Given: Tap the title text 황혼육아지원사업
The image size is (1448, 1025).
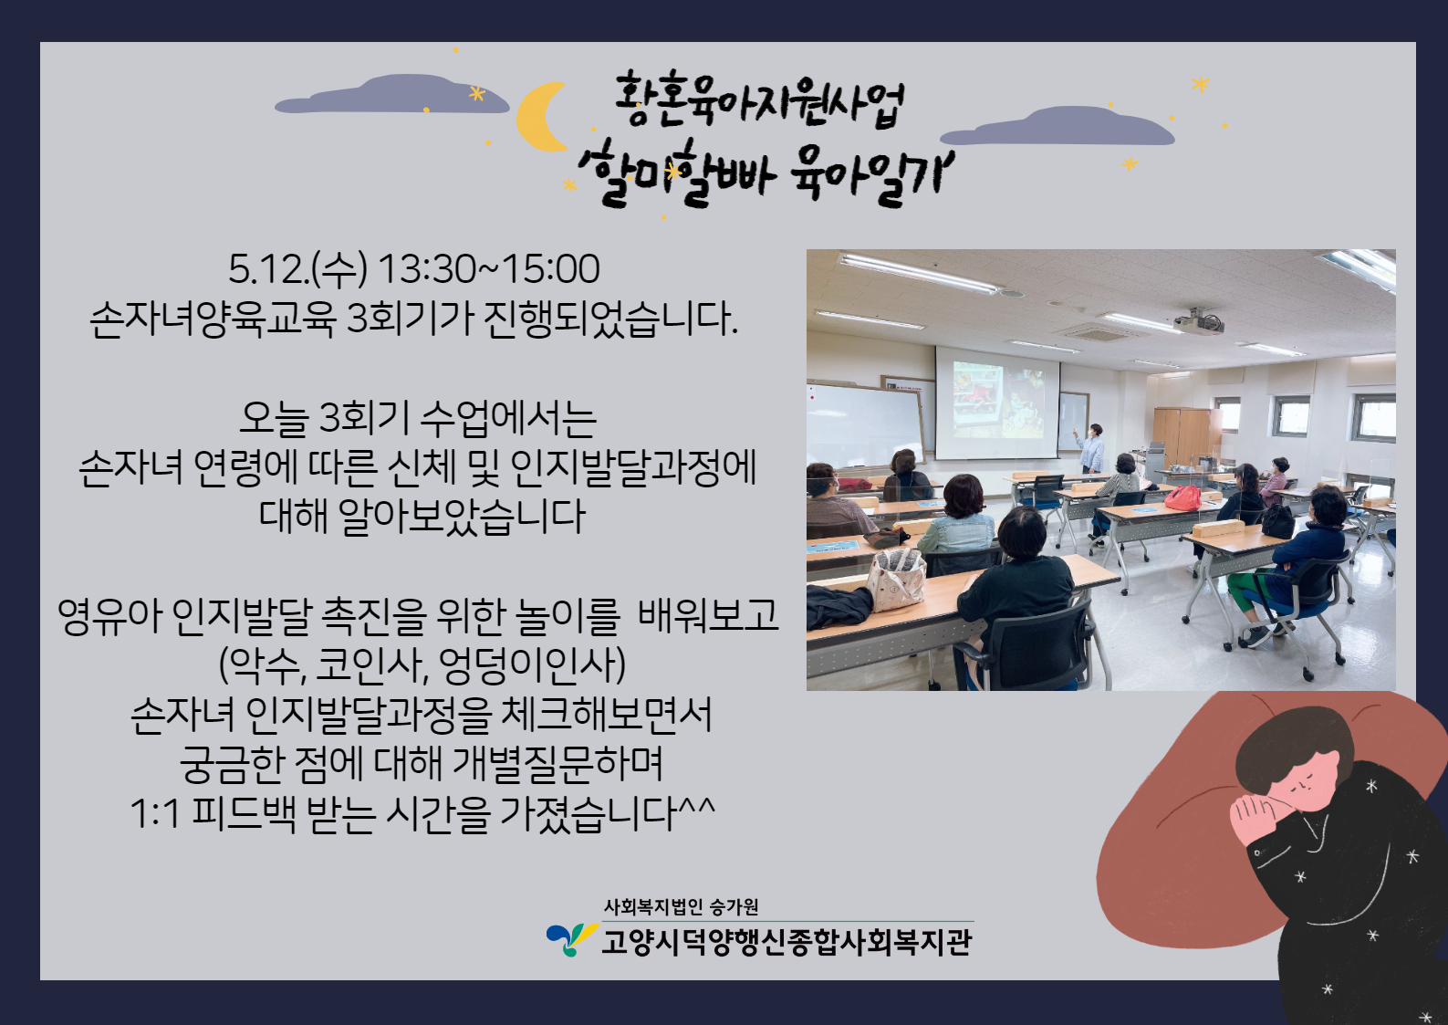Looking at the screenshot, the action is point(758,101).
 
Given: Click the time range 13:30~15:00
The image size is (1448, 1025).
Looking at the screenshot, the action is point(489,269).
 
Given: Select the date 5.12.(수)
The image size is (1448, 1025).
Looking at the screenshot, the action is point(298,269).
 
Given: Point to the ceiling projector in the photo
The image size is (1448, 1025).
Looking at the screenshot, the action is point(1199,321).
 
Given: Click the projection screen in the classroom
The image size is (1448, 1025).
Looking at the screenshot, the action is point(997,403).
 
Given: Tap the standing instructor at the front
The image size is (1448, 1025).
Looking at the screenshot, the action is point(1091,447).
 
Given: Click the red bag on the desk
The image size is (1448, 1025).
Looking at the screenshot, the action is point(1183,498).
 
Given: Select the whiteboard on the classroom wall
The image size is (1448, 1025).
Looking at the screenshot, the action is point(865,424).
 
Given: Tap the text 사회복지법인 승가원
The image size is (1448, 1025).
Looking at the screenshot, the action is point(682,906).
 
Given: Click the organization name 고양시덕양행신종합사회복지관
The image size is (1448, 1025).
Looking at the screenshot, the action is point(787,942).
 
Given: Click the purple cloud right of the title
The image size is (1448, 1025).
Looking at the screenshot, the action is point(1057,126).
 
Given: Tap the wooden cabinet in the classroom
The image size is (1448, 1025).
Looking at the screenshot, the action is point(1181,436).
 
